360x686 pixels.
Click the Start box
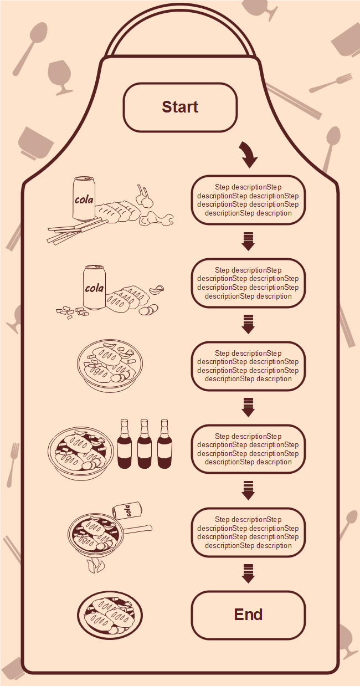click(x=180, y=107)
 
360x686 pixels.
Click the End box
click(x=248, y=615)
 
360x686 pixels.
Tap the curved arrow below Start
click(x=248, y=154)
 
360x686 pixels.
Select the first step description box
click(x=248, y=200)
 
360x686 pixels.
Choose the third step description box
click(x=248, y=366)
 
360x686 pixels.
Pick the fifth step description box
click(x=248, y=533)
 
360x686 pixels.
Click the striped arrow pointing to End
click(x=248, y=574)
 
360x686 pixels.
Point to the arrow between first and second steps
click(x=248, y=242)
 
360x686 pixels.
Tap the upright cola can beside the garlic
click(x=84, y=198)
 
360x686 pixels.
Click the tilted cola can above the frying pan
click(x=127, y=510)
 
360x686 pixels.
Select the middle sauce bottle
click(x=144, y=444)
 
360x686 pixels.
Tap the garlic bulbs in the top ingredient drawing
click(x=144, y=196)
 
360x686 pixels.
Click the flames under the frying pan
click(x=95, y=565)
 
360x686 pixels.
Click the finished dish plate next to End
click(x=110, y=615)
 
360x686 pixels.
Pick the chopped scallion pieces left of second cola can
click(x=72, y=312)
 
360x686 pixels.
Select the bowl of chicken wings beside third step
click(x=110, y=365)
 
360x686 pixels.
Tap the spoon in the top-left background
click(x=30, y=49)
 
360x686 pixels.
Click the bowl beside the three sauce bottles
click(x=81, y=454)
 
